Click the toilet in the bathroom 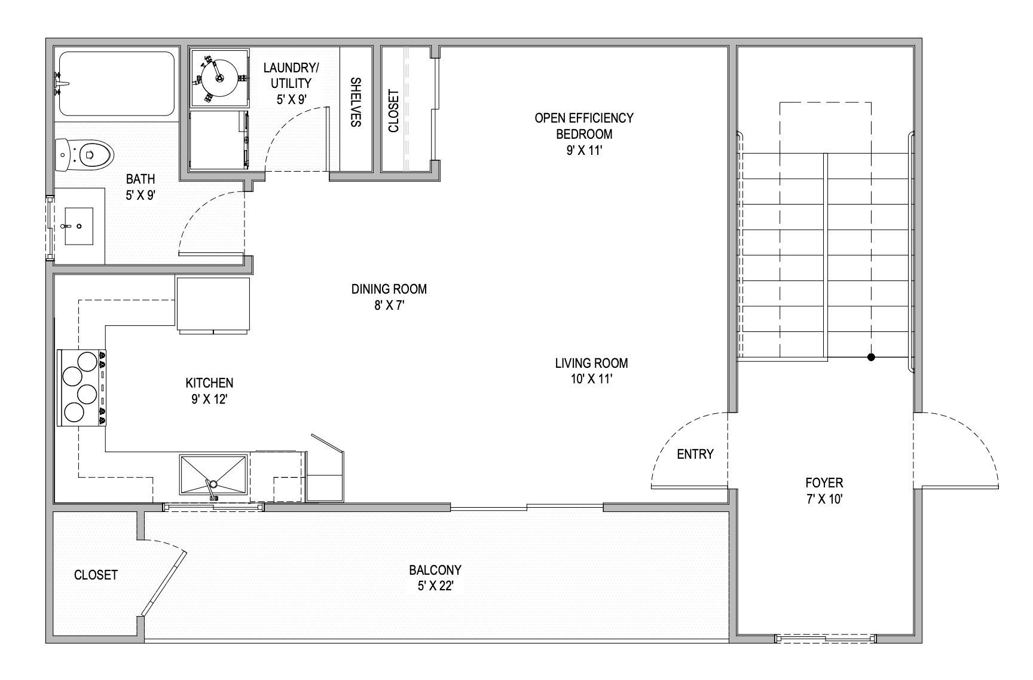tap(87, 154)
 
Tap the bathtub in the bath tap(117, 84)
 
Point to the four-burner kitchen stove tap(81, 388)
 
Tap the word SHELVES tap(354, 102)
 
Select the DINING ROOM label tap(389, 289)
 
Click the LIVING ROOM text tap(591, 363)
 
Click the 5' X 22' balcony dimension tap(435, 587)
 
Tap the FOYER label tap(824, 483)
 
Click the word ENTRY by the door tap(695, 455)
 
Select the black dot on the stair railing tap(871, 357)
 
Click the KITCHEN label tap(209, 383)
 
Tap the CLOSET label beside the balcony tap(96, 575)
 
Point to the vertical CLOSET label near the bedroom tap(393, 111)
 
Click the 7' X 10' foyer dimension tap(824, 499)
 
